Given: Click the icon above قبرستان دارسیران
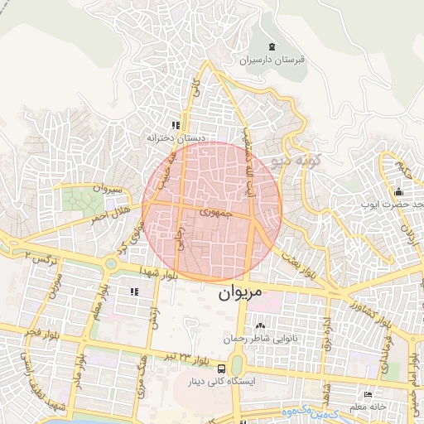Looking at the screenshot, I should click(x=273, y=46).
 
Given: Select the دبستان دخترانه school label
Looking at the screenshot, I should click(x=175, y=137).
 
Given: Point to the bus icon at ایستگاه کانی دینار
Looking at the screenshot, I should click(x=221, y=368).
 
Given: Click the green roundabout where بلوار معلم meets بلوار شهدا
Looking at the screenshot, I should click(x=108, y=263).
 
